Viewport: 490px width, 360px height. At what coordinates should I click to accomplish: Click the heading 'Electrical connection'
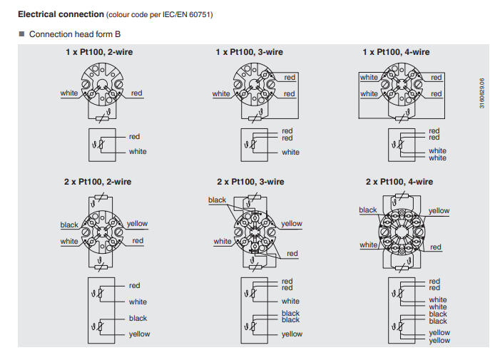coord(60,14)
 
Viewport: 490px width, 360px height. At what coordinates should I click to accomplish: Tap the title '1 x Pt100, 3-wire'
coord(250,52)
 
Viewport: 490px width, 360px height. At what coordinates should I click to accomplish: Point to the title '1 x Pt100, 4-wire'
coord(396,52)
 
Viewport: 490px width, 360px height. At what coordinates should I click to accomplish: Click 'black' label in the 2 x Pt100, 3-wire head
coord(217,200)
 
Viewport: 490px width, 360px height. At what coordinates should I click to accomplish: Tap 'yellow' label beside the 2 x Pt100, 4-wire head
coord(439,210)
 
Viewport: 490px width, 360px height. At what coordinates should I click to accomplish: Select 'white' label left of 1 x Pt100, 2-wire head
coord(69,93)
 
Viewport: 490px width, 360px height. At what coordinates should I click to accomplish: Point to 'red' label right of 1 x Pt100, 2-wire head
coord(136,93)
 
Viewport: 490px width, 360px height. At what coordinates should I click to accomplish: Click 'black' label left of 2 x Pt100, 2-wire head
coord(69,225)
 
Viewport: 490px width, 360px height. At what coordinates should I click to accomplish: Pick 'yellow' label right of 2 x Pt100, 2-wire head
coord(137,224)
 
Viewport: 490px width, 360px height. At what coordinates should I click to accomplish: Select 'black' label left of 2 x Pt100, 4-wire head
coord(368,210)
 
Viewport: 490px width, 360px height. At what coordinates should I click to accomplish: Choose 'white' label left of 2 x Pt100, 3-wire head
coord(223,241)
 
